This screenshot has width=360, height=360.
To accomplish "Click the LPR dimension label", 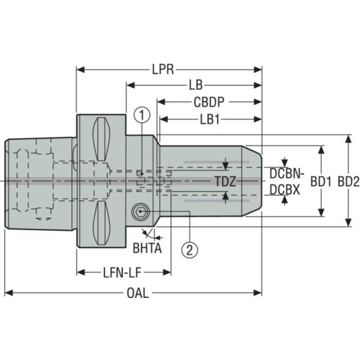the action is tap(163, 69).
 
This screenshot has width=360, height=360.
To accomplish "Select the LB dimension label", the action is tap(196, 85).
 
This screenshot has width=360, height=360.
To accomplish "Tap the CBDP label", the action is tap(209, 102).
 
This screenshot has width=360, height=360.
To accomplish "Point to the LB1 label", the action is tap(210, 119).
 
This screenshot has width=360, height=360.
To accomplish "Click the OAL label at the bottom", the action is tap(138, 293).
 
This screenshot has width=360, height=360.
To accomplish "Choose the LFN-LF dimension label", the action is tap(122, 273).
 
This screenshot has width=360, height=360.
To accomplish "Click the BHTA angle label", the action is tap(147, 248).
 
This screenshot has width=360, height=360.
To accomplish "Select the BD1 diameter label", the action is tap(321, 182).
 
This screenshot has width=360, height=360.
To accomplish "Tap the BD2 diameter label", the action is tap(348, 182).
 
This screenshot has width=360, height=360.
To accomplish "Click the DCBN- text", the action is tap(287, 174).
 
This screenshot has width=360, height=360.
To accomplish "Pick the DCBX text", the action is tap(285, 190).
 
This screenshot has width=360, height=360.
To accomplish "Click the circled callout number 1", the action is tap(142, 115).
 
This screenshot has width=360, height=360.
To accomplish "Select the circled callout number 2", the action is tap(190, 250).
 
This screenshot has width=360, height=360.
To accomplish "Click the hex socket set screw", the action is tap(140, 212).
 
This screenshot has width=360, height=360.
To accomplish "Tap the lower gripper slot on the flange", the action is tap(101, 223).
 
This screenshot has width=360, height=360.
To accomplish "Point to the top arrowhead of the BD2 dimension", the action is tap(348, 139).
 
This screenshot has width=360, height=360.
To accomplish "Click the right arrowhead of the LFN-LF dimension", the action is tap(167, 273).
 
